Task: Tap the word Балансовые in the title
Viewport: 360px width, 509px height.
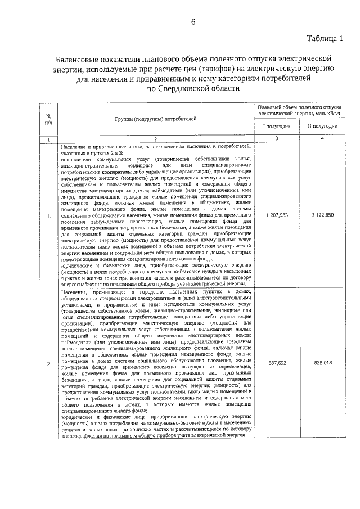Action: tap(79, 59)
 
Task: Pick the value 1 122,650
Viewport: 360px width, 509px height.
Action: tap(322, 215)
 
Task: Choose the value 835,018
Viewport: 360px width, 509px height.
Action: tap(322, 363)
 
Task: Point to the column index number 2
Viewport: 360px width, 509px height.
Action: tap(156, 138)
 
